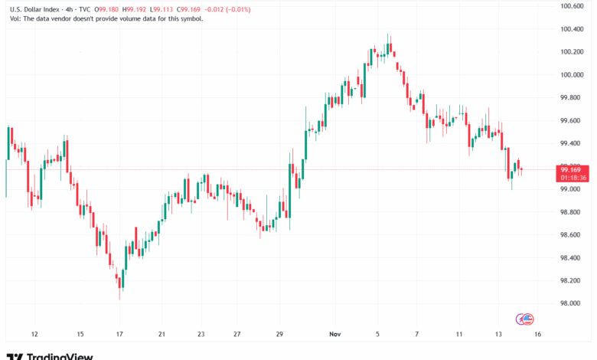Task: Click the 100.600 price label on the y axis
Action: (572, 6)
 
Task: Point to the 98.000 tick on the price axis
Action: (572, 303)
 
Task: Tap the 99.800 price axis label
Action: (572, 97)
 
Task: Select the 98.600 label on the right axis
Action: (572, 234)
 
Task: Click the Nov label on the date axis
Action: (334, 335)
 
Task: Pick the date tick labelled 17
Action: (120, 335)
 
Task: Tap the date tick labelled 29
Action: (281, 335)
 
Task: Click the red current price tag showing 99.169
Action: (573, 169)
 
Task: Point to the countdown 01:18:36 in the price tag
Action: (573, 178)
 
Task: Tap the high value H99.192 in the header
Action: (142, 10)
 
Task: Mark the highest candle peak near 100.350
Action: (389, 34)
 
